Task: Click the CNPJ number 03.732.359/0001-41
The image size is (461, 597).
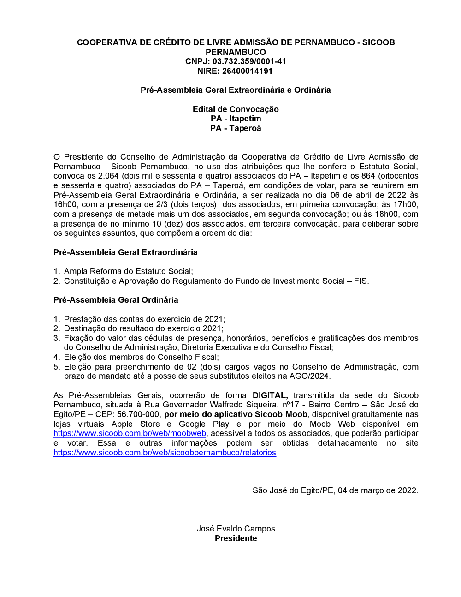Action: [x=249, y=61]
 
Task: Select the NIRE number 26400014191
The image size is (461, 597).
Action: [x=248, y=71]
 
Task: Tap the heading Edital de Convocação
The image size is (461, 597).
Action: [x=236, y=109]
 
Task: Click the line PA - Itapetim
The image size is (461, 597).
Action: [x=236, y=119]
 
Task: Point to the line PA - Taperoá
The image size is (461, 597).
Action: [x=236, y=128]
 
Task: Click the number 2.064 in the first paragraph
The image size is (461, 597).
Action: [x=108, y=176]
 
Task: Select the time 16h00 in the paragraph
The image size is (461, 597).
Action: [x=63, y=204]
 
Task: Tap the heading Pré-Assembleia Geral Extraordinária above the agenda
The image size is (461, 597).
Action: [x=125, y=252]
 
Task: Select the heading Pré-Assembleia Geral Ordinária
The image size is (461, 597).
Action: [x=116, y=300]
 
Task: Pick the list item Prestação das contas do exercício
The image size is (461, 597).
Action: [x=144, y=319]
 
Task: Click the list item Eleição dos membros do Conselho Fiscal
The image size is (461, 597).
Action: [x=141, y=357]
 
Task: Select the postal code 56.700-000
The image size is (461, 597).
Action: [x=138, y=414]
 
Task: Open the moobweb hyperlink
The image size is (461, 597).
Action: [x=130, y=433]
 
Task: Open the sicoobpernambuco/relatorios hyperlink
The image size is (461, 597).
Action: [x=165, y=453]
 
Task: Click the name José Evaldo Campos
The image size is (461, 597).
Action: [x=236, y=529]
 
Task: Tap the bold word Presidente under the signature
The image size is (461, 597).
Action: [x=236, y=538]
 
